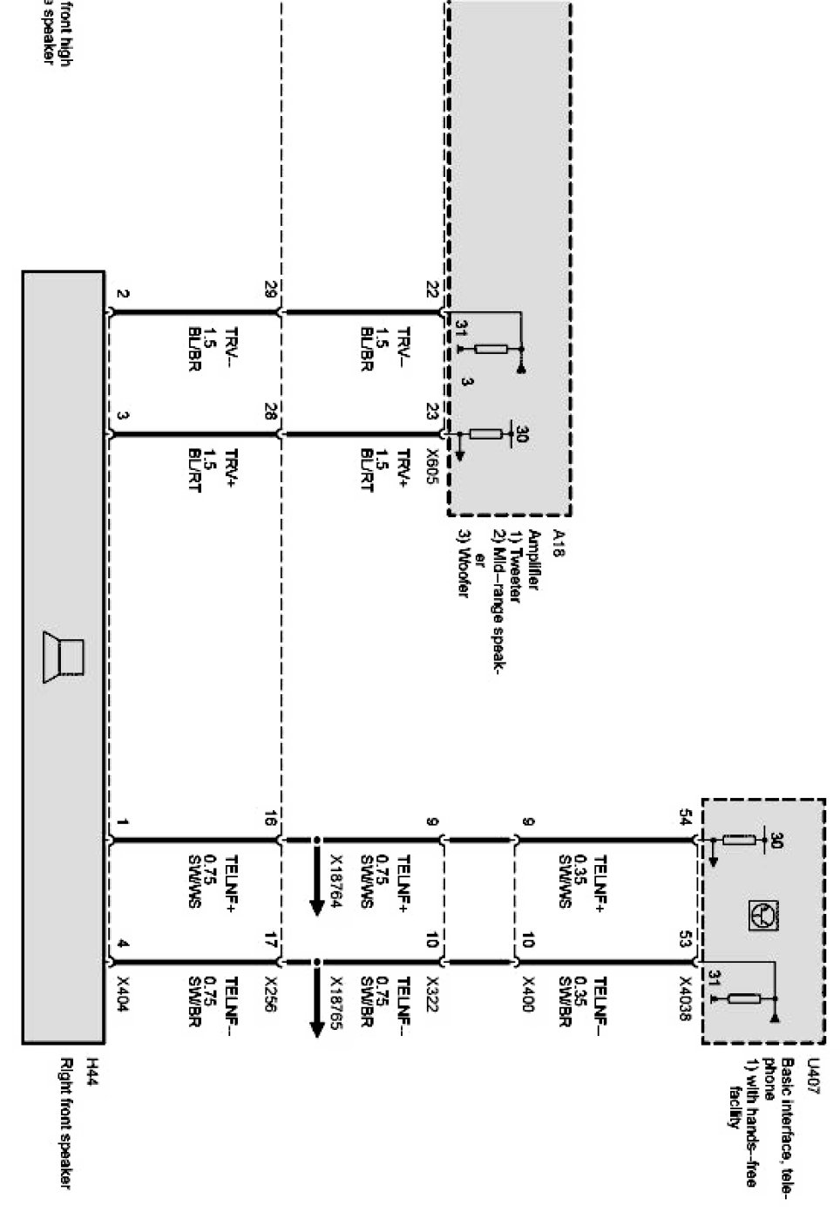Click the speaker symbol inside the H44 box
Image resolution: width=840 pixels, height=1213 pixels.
pyautogui.click(x=64, y=658)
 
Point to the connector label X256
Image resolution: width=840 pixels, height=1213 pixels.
pyautogui.click(x=270, y=994)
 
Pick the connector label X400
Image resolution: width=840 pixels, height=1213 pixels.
pyautogui.click(x=528, y=994)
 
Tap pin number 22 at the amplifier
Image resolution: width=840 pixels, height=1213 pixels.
pyautogui.click(x=431, y=291)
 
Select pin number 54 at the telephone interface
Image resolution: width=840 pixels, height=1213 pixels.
pyautogui.click(x=685, y=819)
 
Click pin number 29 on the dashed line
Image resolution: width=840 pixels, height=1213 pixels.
pyautogui.click(x=270, y=291)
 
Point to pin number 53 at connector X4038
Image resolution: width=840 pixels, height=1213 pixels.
pyautogui.click(x=685, y=939)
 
